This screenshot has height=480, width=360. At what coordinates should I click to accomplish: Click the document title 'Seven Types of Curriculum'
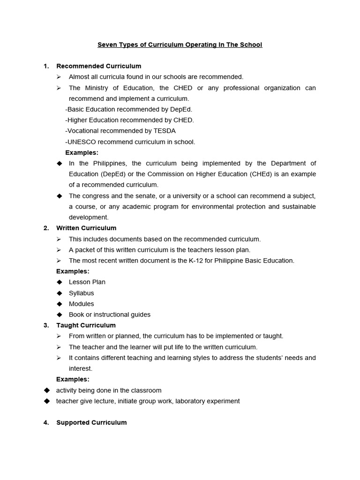[x=180, y=45]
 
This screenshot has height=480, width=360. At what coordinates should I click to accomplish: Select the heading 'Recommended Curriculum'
[x=98, y=66]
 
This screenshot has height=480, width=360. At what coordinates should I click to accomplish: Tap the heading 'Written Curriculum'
[x=86, y=228]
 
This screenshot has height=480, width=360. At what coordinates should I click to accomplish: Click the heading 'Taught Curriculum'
[x=86, y=325]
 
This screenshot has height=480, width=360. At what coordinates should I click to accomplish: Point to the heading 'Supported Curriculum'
[x=91, y=422]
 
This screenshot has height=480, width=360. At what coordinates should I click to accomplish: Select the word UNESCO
[x=82, y=142]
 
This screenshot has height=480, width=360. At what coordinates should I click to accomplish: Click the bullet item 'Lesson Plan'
[x=87, y=282]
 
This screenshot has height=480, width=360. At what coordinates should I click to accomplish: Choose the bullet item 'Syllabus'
[x=81, y=293]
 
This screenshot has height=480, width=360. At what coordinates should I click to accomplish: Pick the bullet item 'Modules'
[x=81, y=304]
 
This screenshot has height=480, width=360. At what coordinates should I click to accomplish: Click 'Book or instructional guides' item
[x=109, y=315]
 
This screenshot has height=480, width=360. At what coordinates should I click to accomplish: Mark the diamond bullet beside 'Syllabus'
[x=59, y=293]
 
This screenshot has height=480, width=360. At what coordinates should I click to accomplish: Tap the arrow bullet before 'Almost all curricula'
[x=59, y=77]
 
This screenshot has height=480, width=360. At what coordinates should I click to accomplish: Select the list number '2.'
[x=46, y=228]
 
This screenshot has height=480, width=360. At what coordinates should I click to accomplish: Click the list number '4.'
[x=46, y=422]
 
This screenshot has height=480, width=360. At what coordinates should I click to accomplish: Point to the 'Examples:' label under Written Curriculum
[x=73, y=271]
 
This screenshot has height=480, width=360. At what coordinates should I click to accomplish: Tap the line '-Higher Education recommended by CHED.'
[x=129, y=120]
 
